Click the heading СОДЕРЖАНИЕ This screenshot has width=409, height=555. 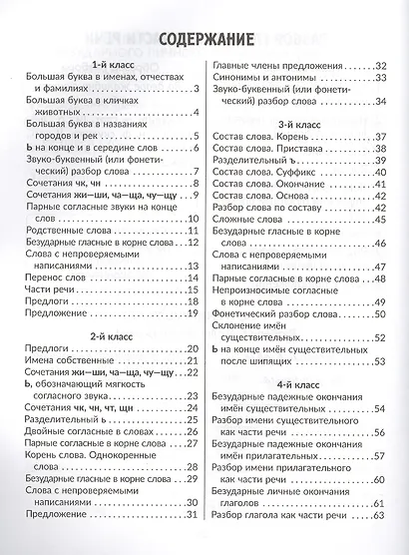coord(204,43)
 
